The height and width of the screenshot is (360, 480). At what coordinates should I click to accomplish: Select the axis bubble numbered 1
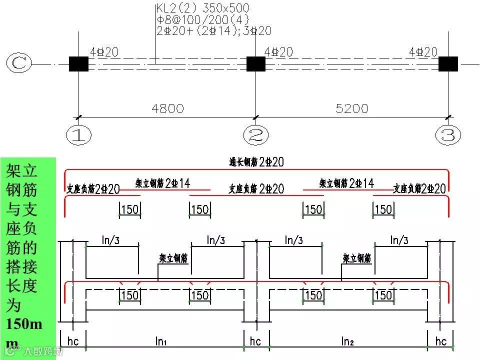coord(78,134)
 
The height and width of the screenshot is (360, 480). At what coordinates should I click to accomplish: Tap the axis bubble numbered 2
coord(255,134)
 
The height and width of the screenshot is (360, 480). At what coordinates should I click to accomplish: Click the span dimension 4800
coord(167,108)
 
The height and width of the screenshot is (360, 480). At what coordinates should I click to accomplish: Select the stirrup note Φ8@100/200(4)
coord(202,19)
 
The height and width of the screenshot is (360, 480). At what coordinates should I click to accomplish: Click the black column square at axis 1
coord(78,64)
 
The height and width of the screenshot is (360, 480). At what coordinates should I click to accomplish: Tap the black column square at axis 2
coord(255,64)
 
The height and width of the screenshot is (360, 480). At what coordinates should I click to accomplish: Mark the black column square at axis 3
coord(448,64)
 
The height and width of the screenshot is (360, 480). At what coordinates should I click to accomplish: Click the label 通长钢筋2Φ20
coord(256,161)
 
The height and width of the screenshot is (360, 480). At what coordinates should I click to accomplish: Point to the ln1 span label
coord(161,341)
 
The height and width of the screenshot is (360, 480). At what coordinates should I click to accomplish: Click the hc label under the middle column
coord(255,341)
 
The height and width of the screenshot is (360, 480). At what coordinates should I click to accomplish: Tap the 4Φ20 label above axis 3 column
coord(423,52)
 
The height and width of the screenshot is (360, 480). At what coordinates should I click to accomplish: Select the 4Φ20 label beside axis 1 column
coord(104,52)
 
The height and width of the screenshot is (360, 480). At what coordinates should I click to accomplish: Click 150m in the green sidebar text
coord(24,324)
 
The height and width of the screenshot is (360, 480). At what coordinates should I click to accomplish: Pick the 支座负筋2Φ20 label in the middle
coord(256,188)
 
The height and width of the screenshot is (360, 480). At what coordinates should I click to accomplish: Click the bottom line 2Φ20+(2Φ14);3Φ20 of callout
coord(213,30)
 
